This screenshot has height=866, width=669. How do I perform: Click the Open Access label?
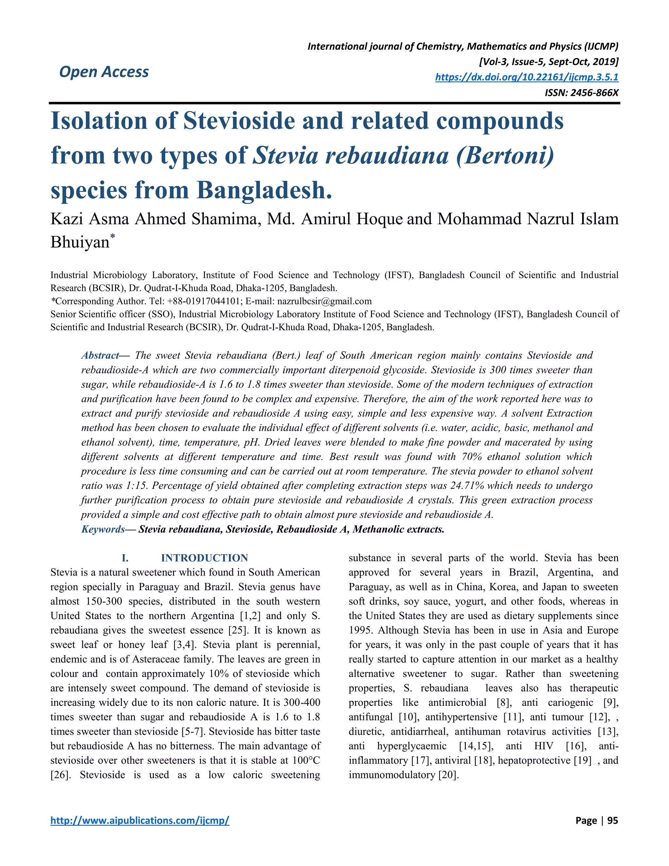coord(104,72)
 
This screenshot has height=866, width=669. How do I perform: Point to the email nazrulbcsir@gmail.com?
coord(324,301)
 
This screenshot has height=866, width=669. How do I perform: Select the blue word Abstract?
coord(100,355)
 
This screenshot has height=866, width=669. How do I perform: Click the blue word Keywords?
coord(103,529)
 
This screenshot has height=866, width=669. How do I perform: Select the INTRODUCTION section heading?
coord(204,558)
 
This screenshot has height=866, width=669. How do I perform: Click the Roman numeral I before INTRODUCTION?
coord(125,558)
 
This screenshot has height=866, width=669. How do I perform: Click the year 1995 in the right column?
coord(361,630)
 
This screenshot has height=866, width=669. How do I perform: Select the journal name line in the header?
coord(463,46)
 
